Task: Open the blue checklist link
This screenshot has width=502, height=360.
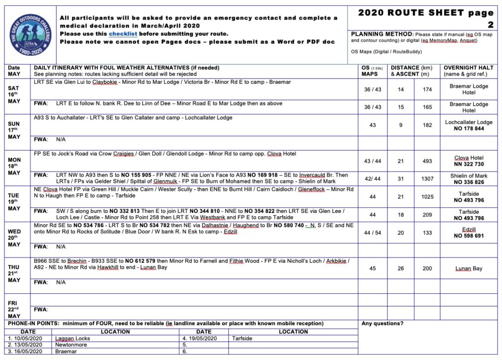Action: [x=123, y=34]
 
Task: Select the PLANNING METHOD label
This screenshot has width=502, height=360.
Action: [x=382, y=34]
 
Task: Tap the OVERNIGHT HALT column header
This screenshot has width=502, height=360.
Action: [x=469, y=71]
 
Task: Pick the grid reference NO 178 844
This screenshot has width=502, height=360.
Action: [x=469, y=129]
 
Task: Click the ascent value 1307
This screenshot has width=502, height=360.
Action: [x=427, y=179]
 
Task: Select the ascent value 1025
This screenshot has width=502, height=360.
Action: [x=427, y=197]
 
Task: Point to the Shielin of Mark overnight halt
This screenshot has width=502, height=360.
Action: [x=469, y=176]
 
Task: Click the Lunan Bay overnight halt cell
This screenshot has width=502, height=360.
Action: [x=469, y=268]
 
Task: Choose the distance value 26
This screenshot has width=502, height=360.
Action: [x=401, y=268]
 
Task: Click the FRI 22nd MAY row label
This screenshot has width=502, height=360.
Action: [x=14, y=309]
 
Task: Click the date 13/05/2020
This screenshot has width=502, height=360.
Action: [x=26, y=345]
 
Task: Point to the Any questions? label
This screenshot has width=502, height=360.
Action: [x=382, y=324]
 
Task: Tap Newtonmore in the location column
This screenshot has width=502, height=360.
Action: [x=71, y=345]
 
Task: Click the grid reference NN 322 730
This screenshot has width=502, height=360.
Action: [x=469, y=164]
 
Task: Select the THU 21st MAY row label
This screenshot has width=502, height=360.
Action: [x=14, y=274]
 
